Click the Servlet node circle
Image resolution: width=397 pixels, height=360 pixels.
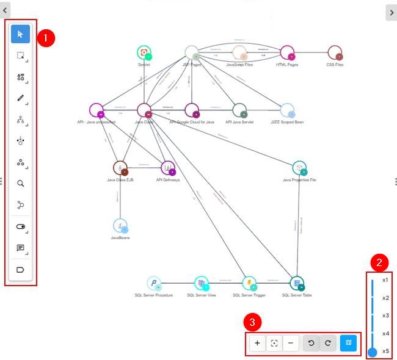(144, 52)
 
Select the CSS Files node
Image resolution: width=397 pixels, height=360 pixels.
(335, 52)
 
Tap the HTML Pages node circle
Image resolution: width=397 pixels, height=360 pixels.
(286, 53)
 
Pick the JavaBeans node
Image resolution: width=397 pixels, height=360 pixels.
(120, 226)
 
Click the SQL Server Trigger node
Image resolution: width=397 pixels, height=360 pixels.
(249, 283)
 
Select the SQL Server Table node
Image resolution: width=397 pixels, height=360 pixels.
(297, 283)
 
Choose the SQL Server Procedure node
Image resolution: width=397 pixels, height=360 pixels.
(154, 283)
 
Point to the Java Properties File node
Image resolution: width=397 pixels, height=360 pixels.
(299, 168)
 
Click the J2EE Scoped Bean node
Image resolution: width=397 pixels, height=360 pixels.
(287, 110)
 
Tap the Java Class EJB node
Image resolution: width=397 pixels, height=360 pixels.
(120, 168)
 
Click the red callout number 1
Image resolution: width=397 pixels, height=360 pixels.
(46, 38)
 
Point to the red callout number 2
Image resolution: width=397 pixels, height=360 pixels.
(379, 263)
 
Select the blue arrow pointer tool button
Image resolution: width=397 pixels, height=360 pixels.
(20, 34)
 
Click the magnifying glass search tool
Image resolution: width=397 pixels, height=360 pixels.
(20, 183)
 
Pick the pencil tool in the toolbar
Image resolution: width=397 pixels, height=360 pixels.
(20, 98)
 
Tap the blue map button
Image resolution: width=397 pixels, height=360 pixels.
(349, 343)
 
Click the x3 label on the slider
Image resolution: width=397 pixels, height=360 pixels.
(385, 315)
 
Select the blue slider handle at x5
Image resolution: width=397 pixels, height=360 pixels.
(372, 351)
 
